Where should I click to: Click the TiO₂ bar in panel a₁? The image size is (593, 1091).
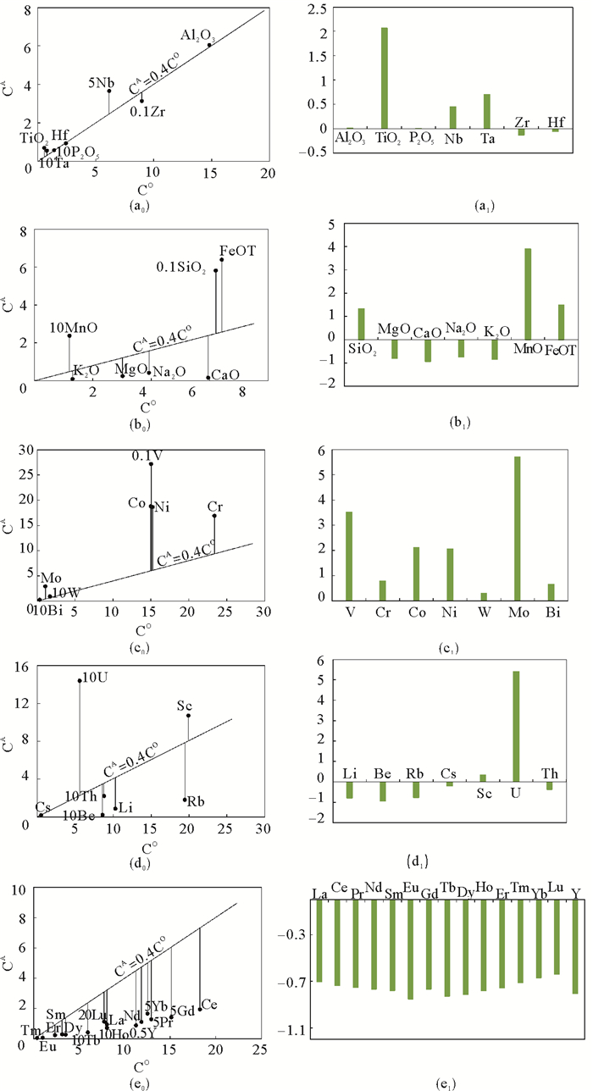point(385,77)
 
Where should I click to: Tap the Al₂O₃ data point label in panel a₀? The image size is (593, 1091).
point(197,35)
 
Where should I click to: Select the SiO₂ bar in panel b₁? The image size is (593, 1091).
point(361,323)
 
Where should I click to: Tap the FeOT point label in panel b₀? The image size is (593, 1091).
point(237,251)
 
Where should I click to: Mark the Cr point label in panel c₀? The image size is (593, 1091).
point(215,507)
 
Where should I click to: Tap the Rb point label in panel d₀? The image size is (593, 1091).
point(197,800)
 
